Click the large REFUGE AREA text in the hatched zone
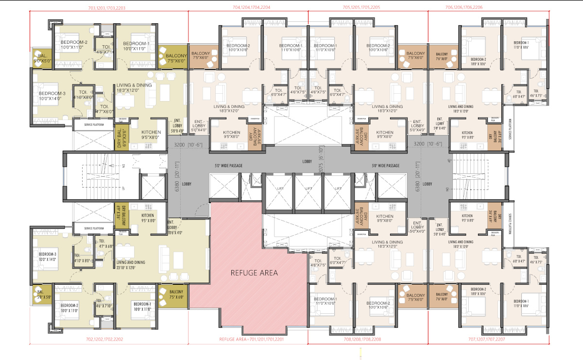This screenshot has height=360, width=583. pos(254,273)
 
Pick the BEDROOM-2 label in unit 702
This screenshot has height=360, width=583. pos(69,308)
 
